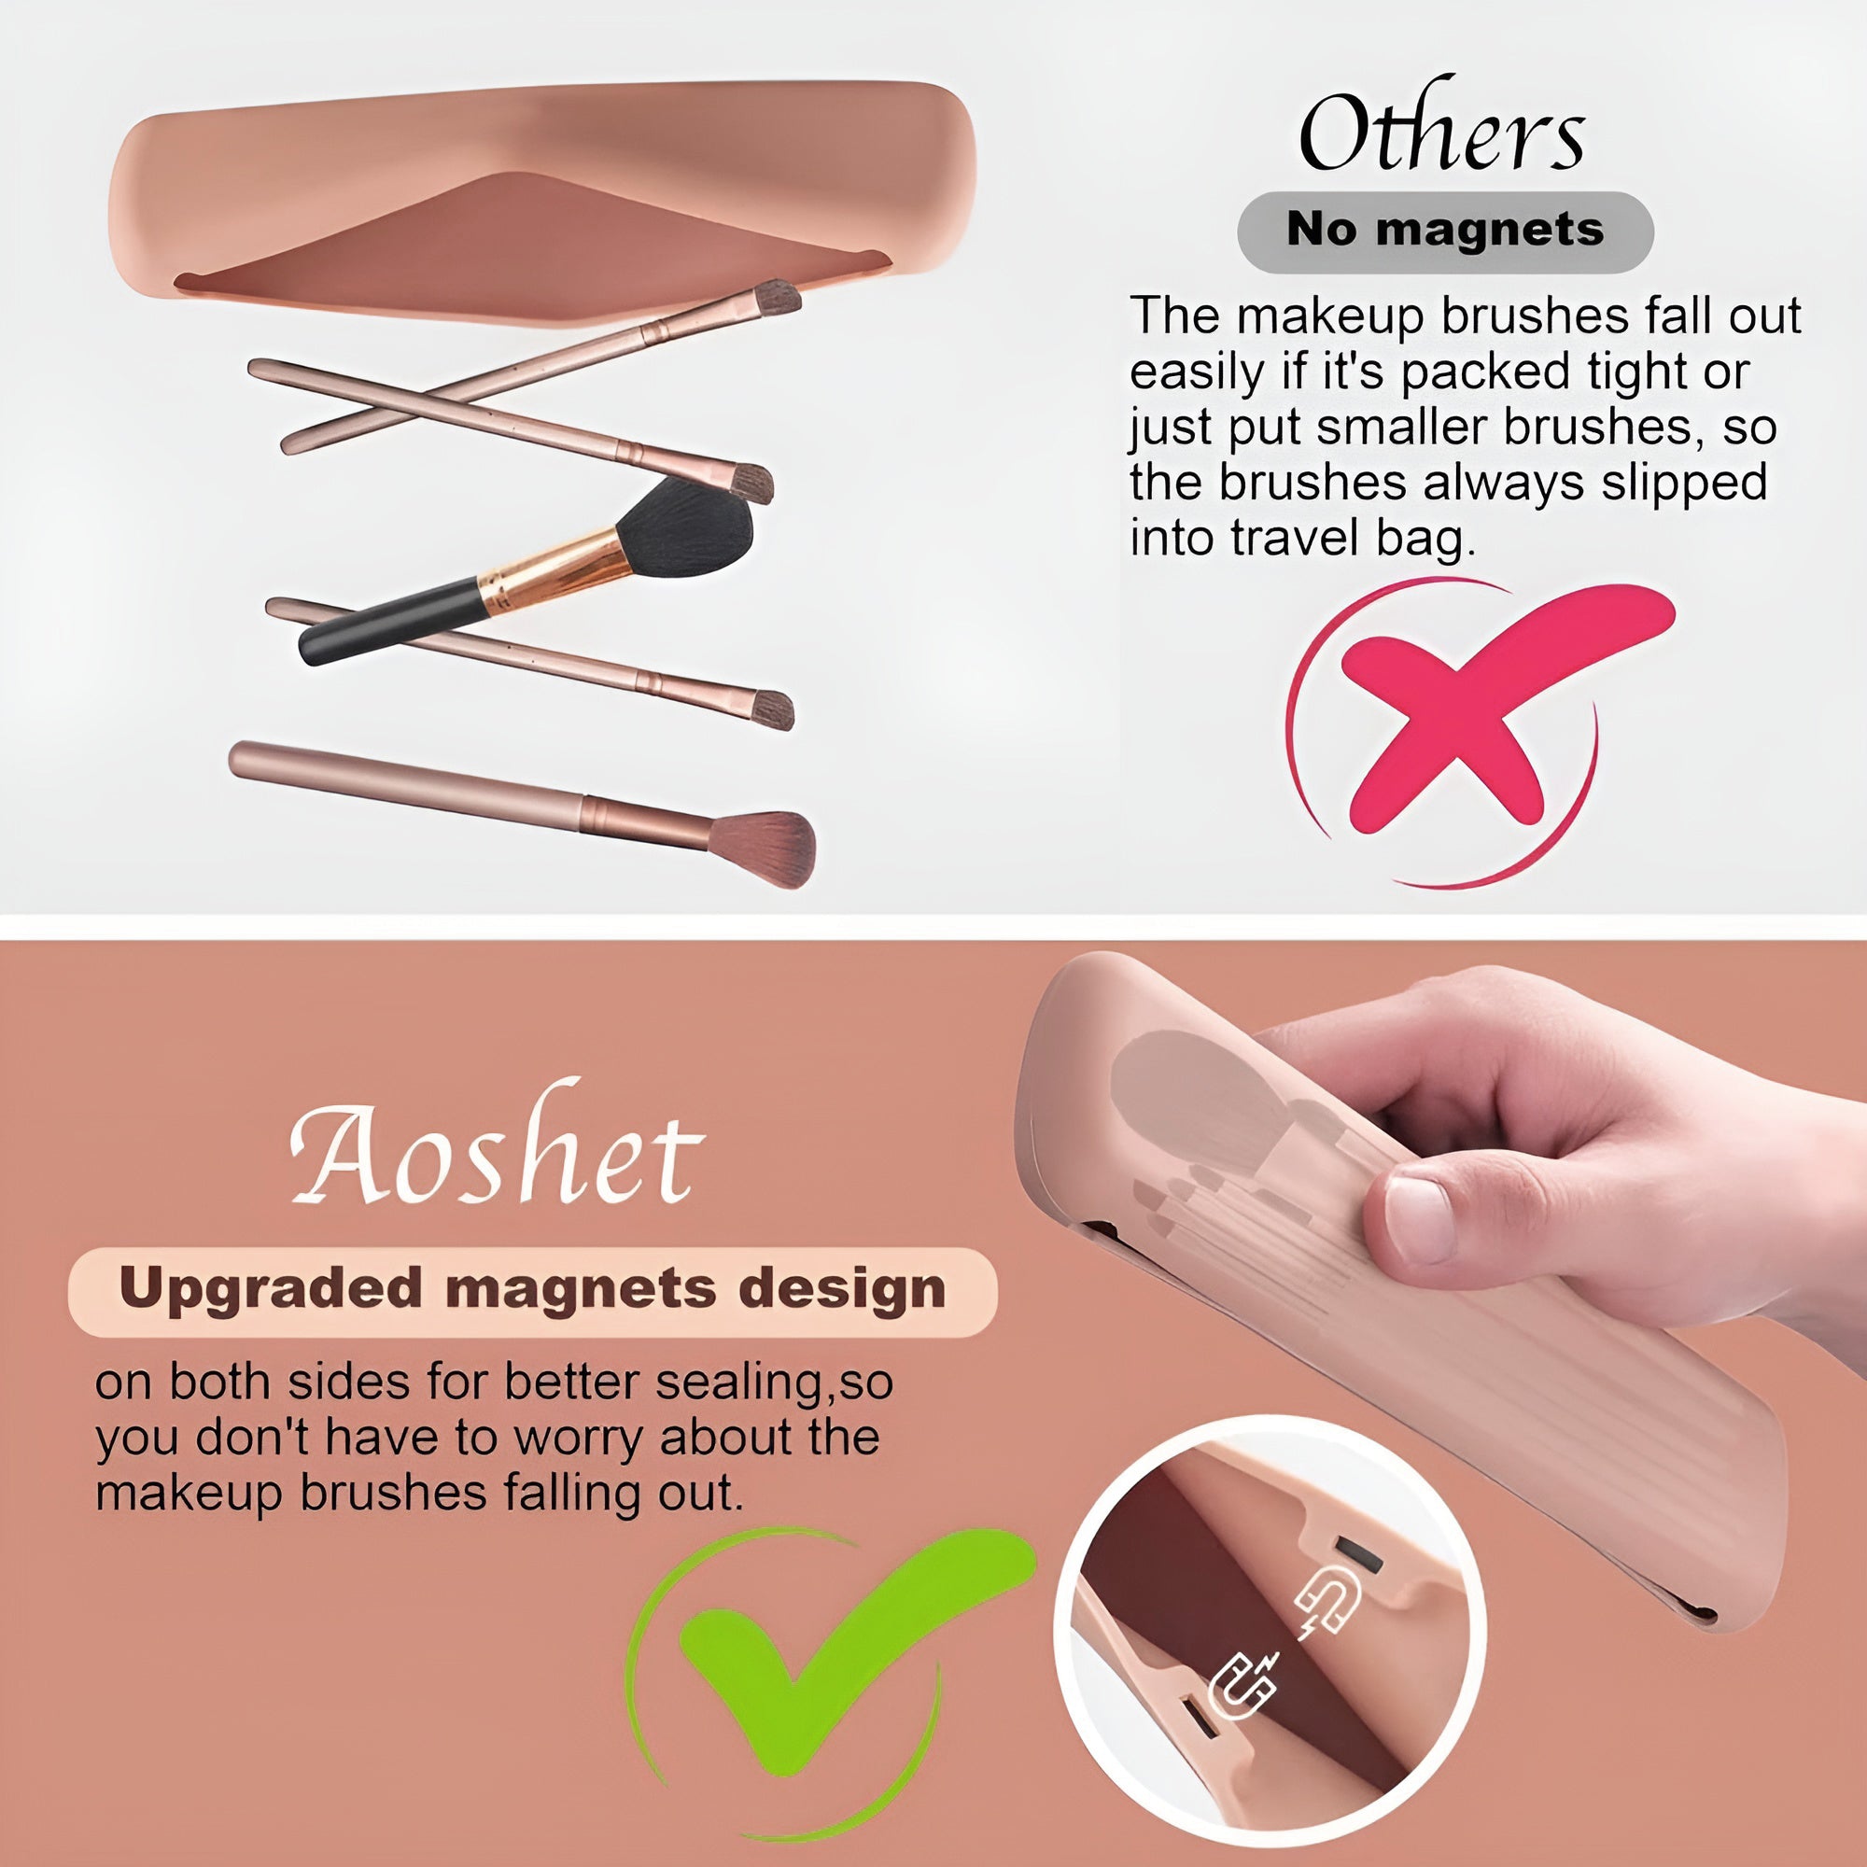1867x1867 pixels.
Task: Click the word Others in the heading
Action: [x=1442, y=128]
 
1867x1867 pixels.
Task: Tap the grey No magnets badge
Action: [x=1446, y=231]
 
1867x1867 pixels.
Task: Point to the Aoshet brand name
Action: [x=497, y=1146]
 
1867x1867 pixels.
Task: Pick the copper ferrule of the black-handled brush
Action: [x=553, y=572]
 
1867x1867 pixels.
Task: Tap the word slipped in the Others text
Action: [x=1683, y=484]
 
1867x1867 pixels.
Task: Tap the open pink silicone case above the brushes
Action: [x=541, y=198]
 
